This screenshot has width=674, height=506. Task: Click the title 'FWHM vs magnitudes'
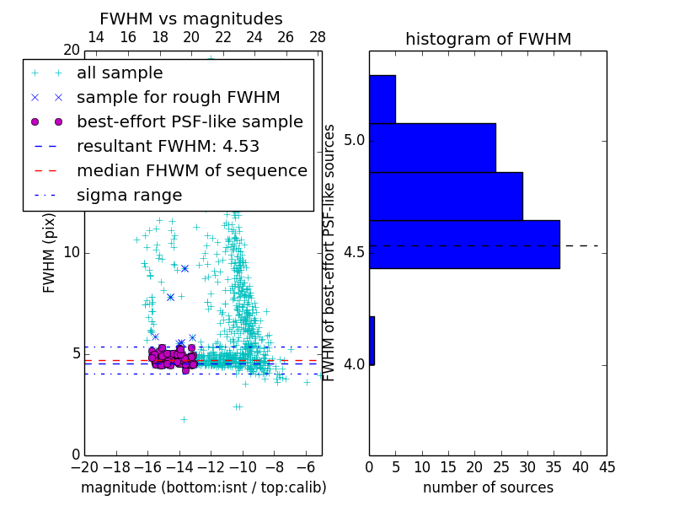tap(191, 19)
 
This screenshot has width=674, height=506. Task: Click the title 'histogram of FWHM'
tap(488, 39)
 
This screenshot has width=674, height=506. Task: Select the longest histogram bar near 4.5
tap(464, 244)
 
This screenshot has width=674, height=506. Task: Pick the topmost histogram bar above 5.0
tap(382, 99)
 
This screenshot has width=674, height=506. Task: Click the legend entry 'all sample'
tap(120, 73)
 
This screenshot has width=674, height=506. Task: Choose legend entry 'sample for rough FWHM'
tap(178, 97)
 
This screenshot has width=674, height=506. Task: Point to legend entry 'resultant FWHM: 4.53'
tap(168, 146)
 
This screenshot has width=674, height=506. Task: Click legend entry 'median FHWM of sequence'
tap(191, 170)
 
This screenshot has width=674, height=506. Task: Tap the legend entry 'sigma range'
tap(129, 195)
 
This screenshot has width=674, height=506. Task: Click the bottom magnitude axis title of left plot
tap(203, 487)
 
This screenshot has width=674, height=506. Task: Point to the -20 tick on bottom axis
tap(84, 466)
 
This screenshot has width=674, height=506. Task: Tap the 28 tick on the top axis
tap(318, 37)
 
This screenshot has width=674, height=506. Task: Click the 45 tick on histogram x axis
tap(607, 466)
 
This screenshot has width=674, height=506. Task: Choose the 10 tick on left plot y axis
tap(72, 252)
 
